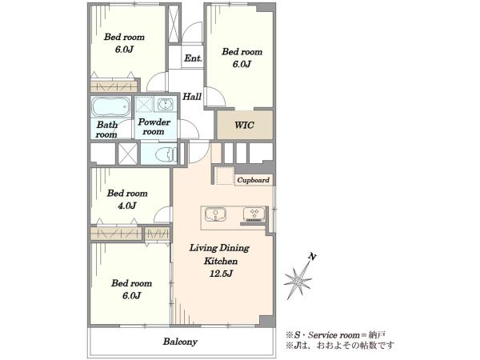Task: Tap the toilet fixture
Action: tap(166, 154)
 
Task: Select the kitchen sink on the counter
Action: tap(215, 214)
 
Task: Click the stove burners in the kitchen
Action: tap(254, 214)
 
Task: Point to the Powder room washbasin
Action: tap(166, 105)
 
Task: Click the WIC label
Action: tap(244, 125)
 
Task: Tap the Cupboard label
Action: tap(254, 180)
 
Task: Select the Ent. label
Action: tap(193, 58)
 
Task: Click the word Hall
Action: tap(192, 97)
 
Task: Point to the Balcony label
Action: tap(180, 342)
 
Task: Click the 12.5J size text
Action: tap(221, 274)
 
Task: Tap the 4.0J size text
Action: tap(126, 206)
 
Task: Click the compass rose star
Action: tap(298, 281)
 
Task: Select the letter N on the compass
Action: tap(312, 257)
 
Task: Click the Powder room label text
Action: tap(154, 126)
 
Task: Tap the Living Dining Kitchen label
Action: tap(219, 254)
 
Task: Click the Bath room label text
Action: tap(106, 130)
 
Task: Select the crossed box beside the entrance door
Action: tap(174, 23)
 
